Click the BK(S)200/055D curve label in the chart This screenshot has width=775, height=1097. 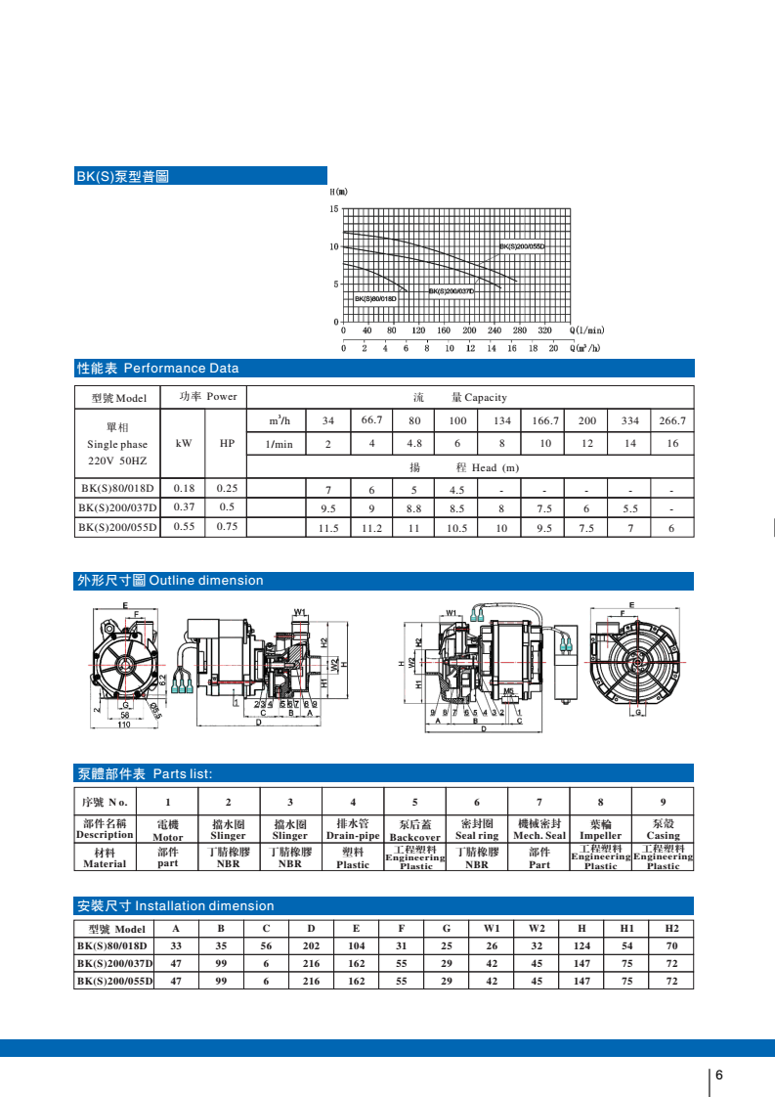(521, 247)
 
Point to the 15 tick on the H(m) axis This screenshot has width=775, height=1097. (333, 209)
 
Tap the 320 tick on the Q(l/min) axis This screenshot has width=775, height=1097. (545, 331)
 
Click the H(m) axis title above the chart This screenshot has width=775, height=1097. (338, 193)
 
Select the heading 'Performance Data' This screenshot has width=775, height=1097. (181, 369)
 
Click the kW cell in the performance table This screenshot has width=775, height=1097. (183, 443)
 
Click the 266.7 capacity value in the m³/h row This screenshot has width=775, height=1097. (672, 420)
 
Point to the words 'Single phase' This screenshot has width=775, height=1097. (116, 444)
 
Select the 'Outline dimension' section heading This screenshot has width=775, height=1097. (205, 581)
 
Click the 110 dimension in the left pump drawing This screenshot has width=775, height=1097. (124, 724)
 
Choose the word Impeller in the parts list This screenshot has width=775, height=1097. (600, 836)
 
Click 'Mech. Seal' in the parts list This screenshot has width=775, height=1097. (539, 836)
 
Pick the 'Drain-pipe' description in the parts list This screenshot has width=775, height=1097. (353, 836)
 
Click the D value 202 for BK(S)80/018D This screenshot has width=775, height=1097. (311, 945)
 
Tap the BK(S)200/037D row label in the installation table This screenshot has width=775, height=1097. (114, 963)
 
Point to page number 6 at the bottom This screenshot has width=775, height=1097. (719, 1075)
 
